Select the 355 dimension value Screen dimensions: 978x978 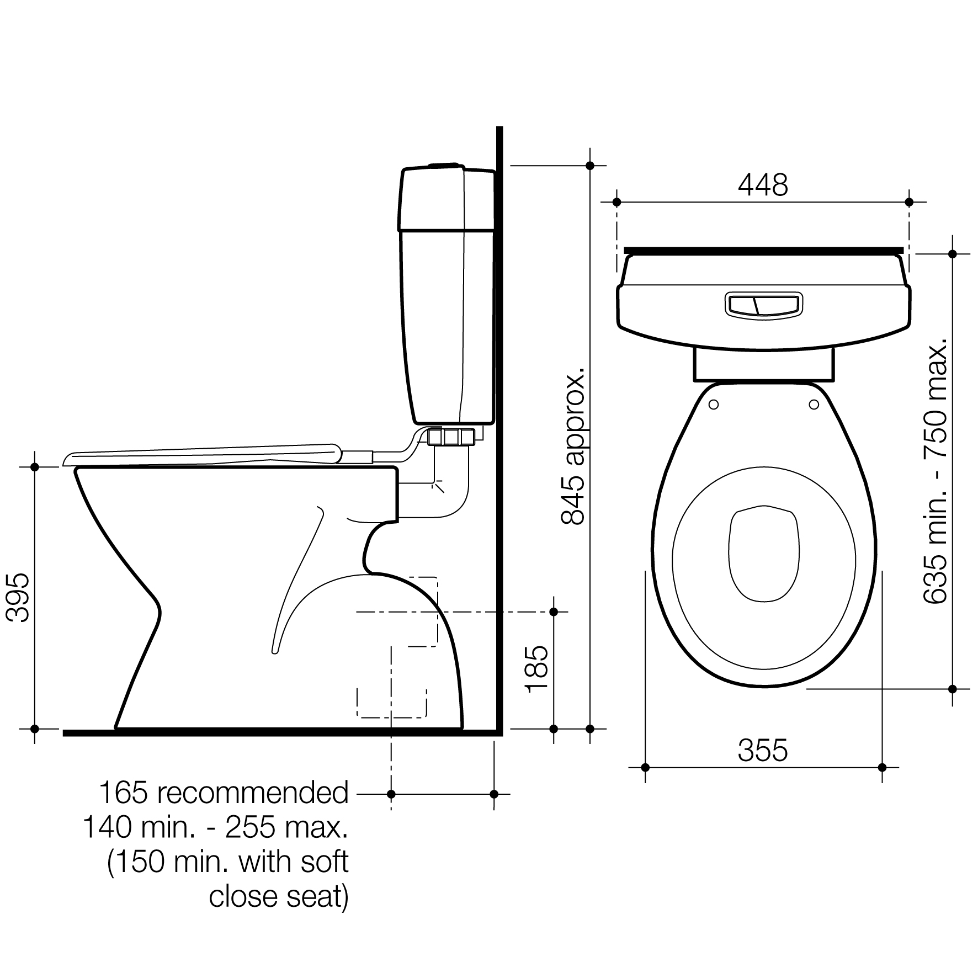(763, 751)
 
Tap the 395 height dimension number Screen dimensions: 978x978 (20, 598)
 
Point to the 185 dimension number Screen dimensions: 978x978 (537, 669)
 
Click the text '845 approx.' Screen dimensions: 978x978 (572, 443)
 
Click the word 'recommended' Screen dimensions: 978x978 (253, 793)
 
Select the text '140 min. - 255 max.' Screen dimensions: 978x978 (215, 827)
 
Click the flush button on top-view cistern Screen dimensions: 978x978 (763, 305)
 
